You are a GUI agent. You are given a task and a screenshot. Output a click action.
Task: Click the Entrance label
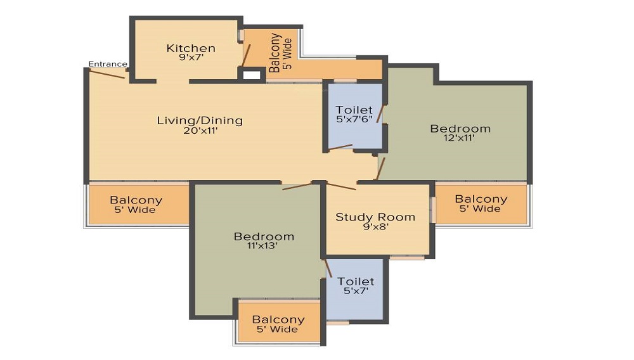click(x=107, y=63)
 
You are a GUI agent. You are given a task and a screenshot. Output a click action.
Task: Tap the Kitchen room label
click(x=191, y=48)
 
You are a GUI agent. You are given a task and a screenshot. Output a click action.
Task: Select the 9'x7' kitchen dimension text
click(x=191, y=58)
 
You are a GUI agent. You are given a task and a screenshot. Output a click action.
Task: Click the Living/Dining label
click(x=200, y=120)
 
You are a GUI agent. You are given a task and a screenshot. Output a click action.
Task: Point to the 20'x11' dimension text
click(x=200, y=131)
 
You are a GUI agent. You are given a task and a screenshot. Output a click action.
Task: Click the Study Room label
click(x=375, y=217)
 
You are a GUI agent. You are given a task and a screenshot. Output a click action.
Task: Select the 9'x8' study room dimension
click(x=375, y=227)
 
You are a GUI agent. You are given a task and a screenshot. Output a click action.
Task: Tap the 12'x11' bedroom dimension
click(x=460, y=138)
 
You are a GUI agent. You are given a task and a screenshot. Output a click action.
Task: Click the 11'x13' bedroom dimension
click(x=264, y=247)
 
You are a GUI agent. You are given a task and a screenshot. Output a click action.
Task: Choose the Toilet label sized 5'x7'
click(x=356, y=281)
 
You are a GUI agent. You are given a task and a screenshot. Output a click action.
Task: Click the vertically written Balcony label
click(x=275, y=53)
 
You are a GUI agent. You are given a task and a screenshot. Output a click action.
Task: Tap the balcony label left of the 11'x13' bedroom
click(x=136, y=200)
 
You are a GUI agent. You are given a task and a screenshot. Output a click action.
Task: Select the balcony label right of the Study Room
click(x=481, y=199)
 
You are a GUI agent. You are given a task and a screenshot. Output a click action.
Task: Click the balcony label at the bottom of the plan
click(x=278, y=320)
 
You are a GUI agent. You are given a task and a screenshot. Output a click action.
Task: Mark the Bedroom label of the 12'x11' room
click(x=460, y=129)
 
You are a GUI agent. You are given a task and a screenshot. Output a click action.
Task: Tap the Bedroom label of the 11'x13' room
click(x=264, y=236)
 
